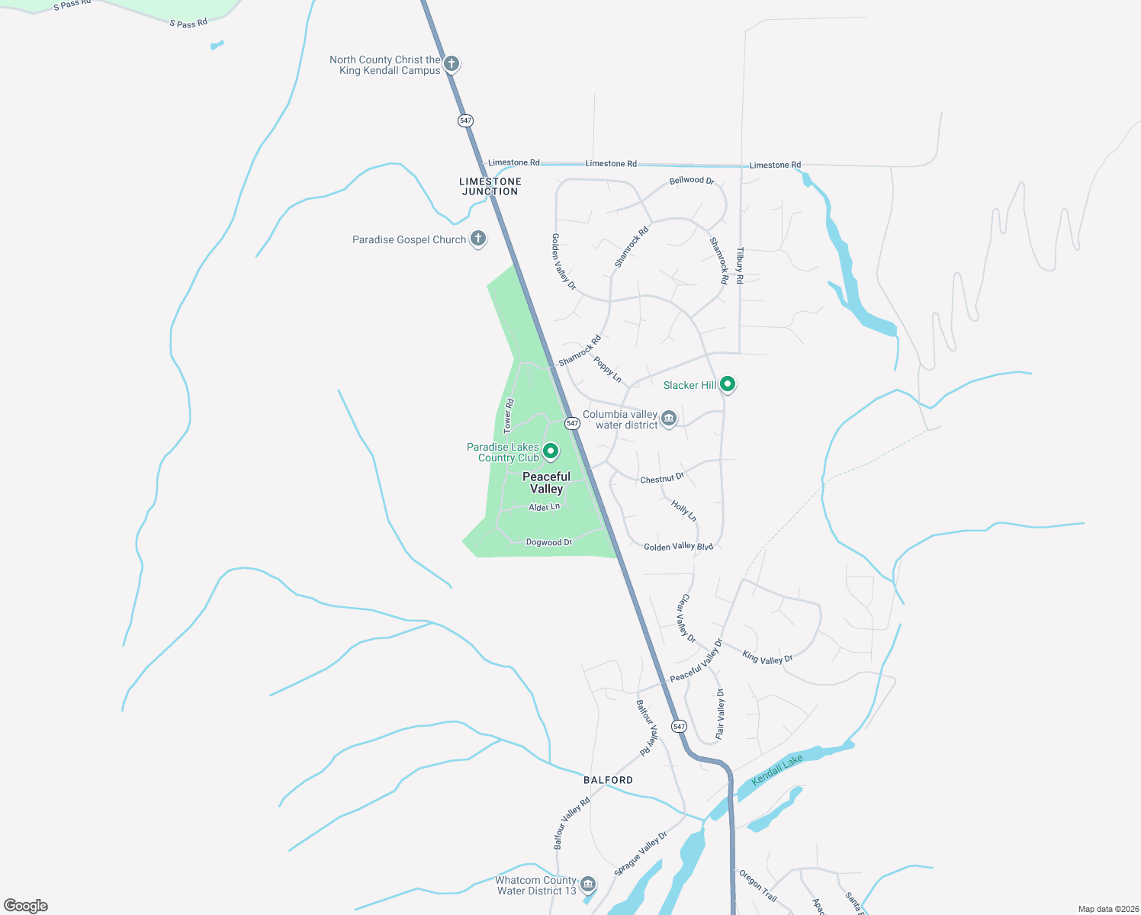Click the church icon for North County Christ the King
point(452,63)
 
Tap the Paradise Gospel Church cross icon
point(478,239)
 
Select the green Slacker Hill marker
point(728,384)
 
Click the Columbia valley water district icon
point(669,418)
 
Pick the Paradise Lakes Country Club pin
point(551,452)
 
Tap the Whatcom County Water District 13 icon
point(588,884)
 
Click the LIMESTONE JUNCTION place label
point(490,187)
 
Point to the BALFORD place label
point(609,780)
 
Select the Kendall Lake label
point(777,770)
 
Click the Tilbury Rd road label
point(739,265)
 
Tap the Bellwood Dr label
point(692,181)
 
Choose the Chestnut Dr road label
point(662,479)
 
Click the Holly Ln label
point(683,510)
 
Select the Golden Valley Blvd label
point(678,547)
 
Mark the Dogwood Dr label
point(549,542)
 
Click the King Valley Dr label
point(767,657)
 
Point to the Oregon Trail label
point(757,884)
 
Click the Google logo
point(26,905)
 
